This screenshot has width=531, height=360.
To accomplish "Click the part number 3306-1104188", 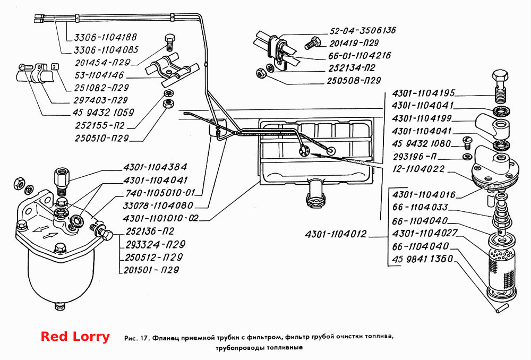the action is pyautogui.click(x=105, y=37).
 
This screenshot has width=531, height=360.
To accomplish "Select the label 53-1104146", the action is pyautogui.click(x=99, y=75).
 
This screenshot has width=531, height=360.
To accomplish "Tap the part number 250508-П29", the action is pyautogui.click(x=354, y=81).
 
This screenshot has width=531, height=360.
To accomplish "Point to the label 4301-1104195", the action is pyautogui.click(x=423, y=93).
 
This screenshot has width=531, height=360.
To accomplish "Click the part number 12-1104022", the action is pyautogui.click(x=418, y=169).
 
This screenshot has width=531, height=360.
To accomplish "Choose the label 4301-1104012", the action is pyautogui.click(x=336, y=234).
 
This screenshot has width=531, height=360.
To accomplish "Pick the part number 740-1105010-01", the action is pyautogui.click(x=160, y=193).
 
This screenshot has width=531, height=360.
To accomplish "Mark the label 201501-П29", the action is pyautogui.click(x=151, y=270).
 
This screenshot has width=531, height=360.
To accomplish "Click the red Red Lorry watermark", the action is pyautogui.click(x=75, y=337).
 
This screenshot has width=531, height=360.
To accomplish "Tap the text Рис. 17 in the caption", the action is pyautogui.click(x=137, y=338).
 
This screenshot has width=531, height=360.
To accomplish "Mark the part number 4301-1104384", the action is pyautogui.click(x=155, y=167).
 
